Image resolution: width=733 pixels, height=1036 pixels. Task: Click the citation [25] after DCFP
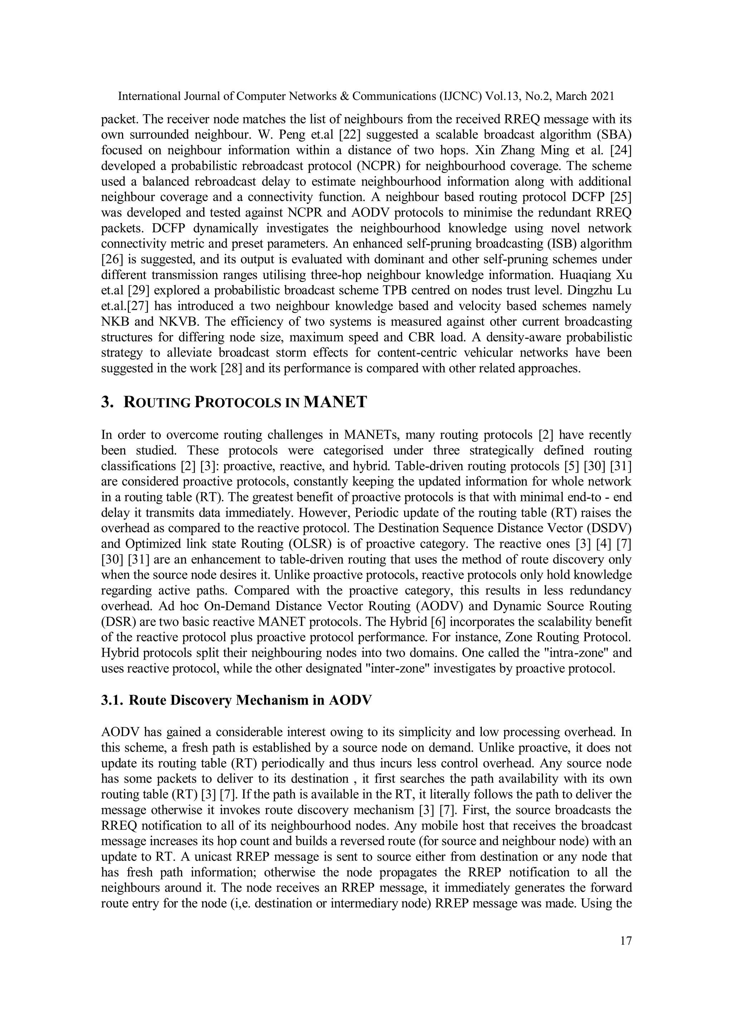click(x=620, y=197)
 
